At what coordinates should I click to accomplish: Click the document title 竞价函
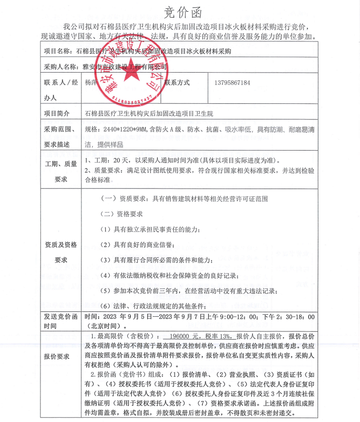pyautogui.click(x=180, y=11)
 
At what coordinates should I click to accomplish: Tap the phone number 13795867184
pyautogui.click(x=232, y=83)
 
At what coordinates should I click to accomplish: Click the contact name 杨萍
pyautogui.click(x=91, y=83)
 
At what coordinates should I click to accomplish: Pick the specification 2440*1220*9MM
pyautogui.click(x=123, y=129)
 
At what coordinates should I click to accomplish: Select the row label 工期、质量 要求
pyautogui.click(x=60, y=171)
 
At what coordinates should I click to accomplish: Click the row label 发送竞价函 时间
pyautogui.click(x=60, y=321)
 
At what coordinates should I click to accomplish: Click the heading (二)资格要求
pyautogui.click(x=121, y=214)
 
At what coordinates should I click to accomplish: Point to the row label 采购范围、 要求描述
pyautogui.click(x=60, y=137)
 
